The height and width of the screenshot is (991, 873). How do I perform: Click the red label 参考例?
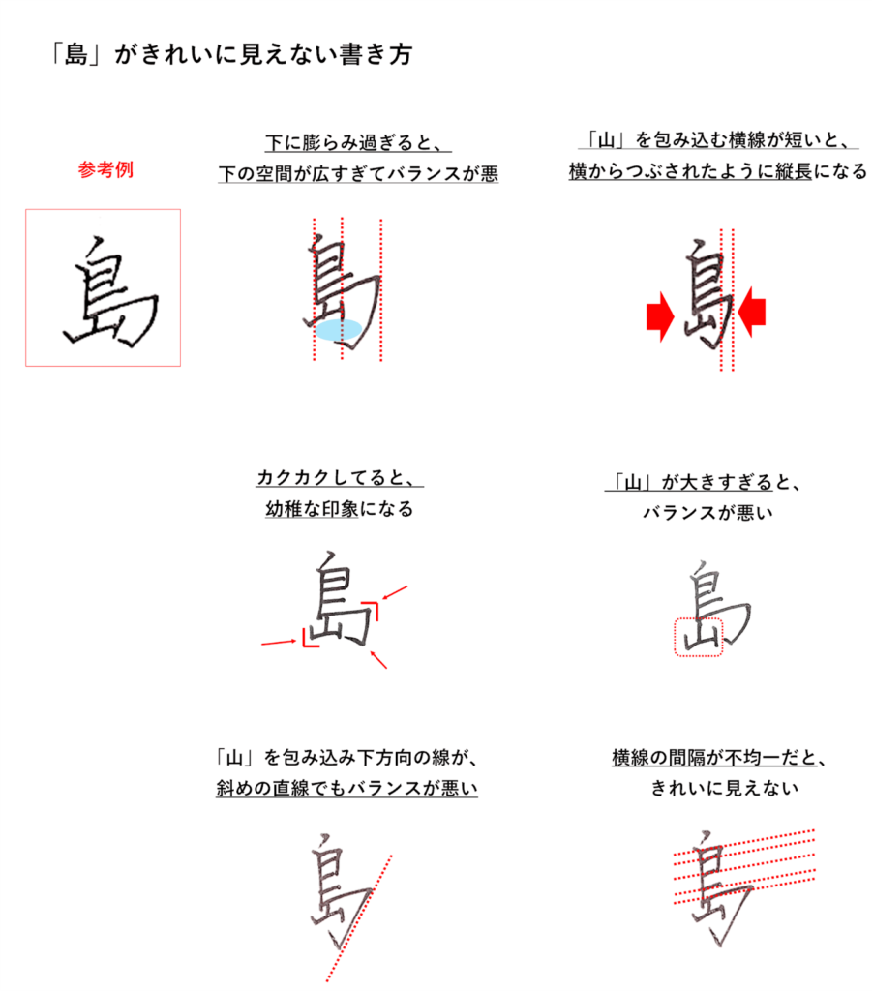105,169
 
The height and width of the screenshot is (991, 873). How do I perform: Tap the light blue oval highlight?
340,329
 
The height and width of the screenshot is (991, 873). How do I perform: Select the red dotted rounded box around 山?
698,638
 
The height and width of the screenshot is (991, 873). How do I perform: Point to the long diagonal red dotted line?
357,915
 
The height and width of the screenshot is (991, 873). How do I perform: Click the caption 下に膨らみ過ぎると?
358,143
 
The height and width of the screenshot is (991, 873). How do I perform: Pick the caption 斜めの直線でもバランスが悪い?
346,788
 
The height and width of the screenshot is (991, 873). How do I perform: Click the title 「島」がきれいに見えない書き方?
231,55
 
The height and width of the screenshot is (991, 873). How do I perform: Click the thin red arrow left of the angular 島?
278,642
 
